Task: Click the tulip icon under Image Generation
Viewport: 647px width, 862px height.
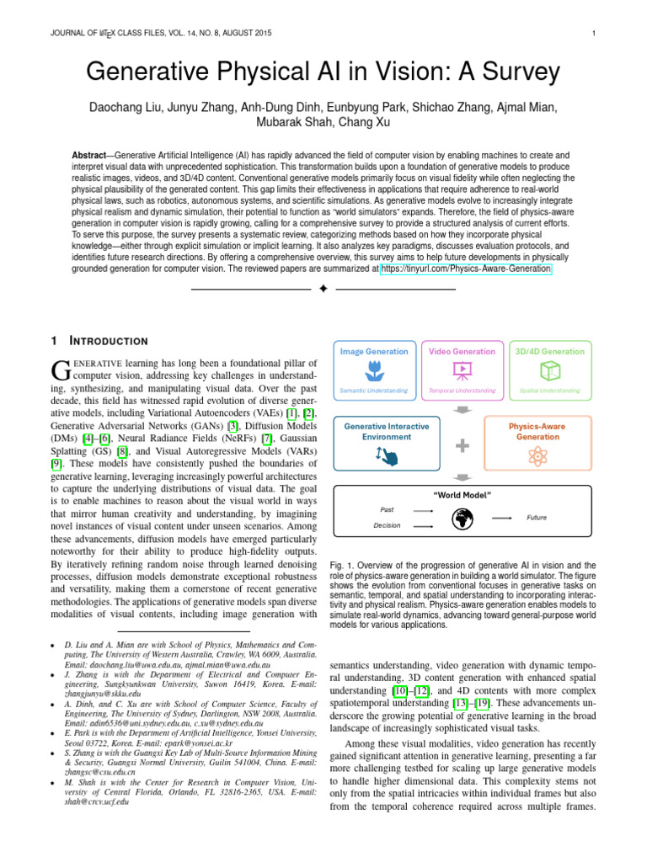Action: point(374,370)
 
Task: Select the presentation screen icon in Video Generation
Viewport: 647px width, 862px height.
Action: point(462,370)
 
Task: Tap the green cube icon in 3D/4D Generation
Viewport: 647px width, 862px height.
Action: point(550,370)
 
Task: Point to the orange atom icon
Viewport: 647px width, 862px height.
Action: point(537,455)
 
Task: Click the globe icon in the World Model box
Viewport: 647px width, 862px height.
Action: point(462,519)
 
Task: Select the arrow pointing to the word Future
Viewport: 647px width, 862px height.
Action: point(502,518)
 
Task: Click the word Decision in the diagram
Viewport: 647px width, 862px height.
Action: point(387,525)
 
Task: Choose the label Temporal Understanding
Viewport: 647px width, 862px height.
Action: point(462,391)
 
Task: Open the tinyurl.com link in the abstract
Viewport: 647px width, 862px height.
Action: point(466,269)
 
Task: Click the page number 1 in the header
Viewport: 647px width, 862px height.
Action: point(594,34)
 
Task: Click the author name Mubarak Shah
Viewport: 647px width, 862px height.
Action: point(290,122)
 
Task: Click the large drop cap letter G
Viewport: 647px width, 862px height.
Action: point(61,369)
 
